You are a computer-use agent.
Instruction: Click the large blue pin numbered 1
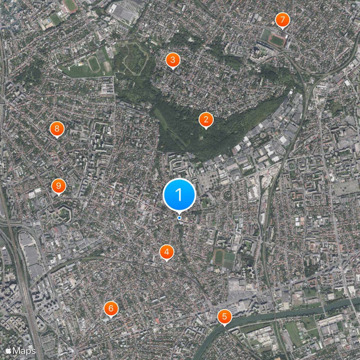[x=179, y=195]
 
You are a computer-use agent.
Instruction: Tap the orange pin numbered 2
[x=206, y=119]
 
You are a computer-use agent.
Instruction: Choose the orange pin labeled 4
[x=167, y=252]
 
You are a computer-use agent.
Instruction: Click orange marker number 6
[x=111, y=309]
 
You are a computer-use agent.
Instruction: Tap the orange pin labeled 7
[x=282, y=20]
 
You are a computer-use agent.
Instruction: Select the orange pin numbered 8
[x=57, y=129]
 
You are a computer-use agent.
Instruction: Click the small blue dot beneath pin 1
[x=179, y=218]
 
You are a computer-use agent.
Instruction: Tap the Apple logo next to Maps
[x=9, y=350]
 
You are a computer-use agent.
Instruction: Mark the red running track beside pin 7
[x=277, y=40]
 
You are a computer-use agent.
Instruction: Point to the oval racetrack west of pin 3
[x=94, y=64]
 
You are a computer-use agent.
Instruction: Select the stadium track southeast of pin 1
[x=219, y=257]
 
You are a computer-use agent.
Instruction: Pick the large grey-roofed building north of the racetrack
[x=125, y=13]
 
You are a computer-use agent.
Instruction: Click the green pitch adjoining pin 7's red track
[x=266, y=35]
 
